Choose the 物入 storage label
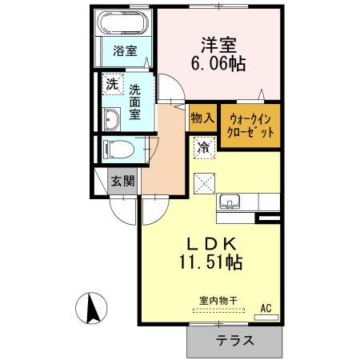tap(202, 118)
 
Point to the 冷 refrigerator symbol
tap(205, 147)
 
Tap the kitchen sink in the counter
tap(230, 202)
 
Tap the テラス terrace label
tap(234, 340)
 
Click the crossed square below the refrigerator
tap(205, 182)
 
